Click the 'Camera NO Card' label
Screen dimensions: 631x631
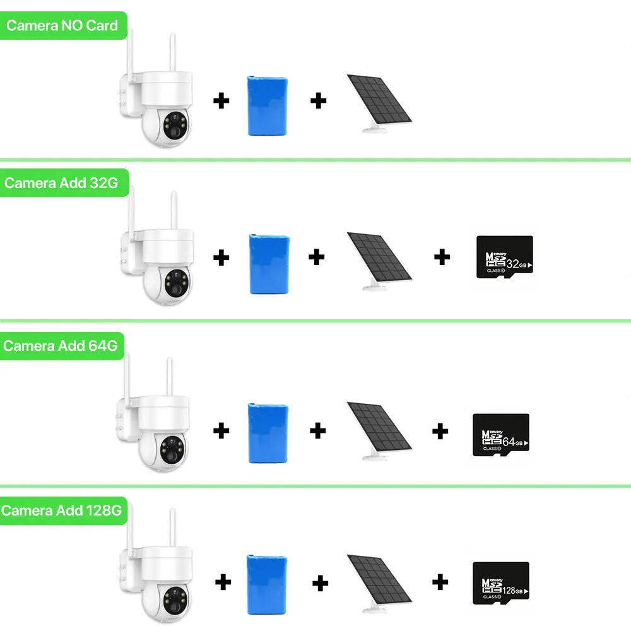coord(62,26)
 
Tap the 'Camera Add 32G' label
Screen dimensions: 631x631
coord(61,183)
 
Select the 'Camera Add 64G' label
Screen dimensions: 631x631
coord(61,346)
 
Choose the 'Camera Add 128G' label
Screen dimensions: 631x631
coord(61,510)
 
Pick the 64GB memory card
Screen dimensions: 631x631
coord(500,435)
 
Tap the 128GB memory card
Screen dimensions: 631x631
coord(500,583)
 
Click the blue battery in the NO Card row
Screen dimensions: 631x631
coord(268,106)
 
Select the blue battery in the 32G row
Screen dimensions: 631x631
coord(269,264)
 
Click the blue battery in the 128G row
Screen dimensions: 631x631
coord(267,584)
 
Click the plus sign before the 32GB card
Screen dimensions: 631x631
coord(442,257)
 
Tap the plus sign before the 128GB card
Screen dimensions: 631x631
coord(440,582)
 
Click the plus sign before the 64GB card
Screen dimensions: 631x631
coord(440,432)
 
